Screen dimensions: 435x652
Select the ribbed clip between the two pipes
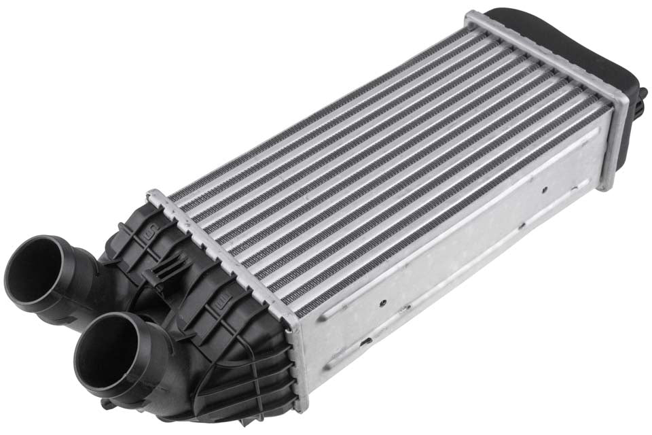click(158, 275)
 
